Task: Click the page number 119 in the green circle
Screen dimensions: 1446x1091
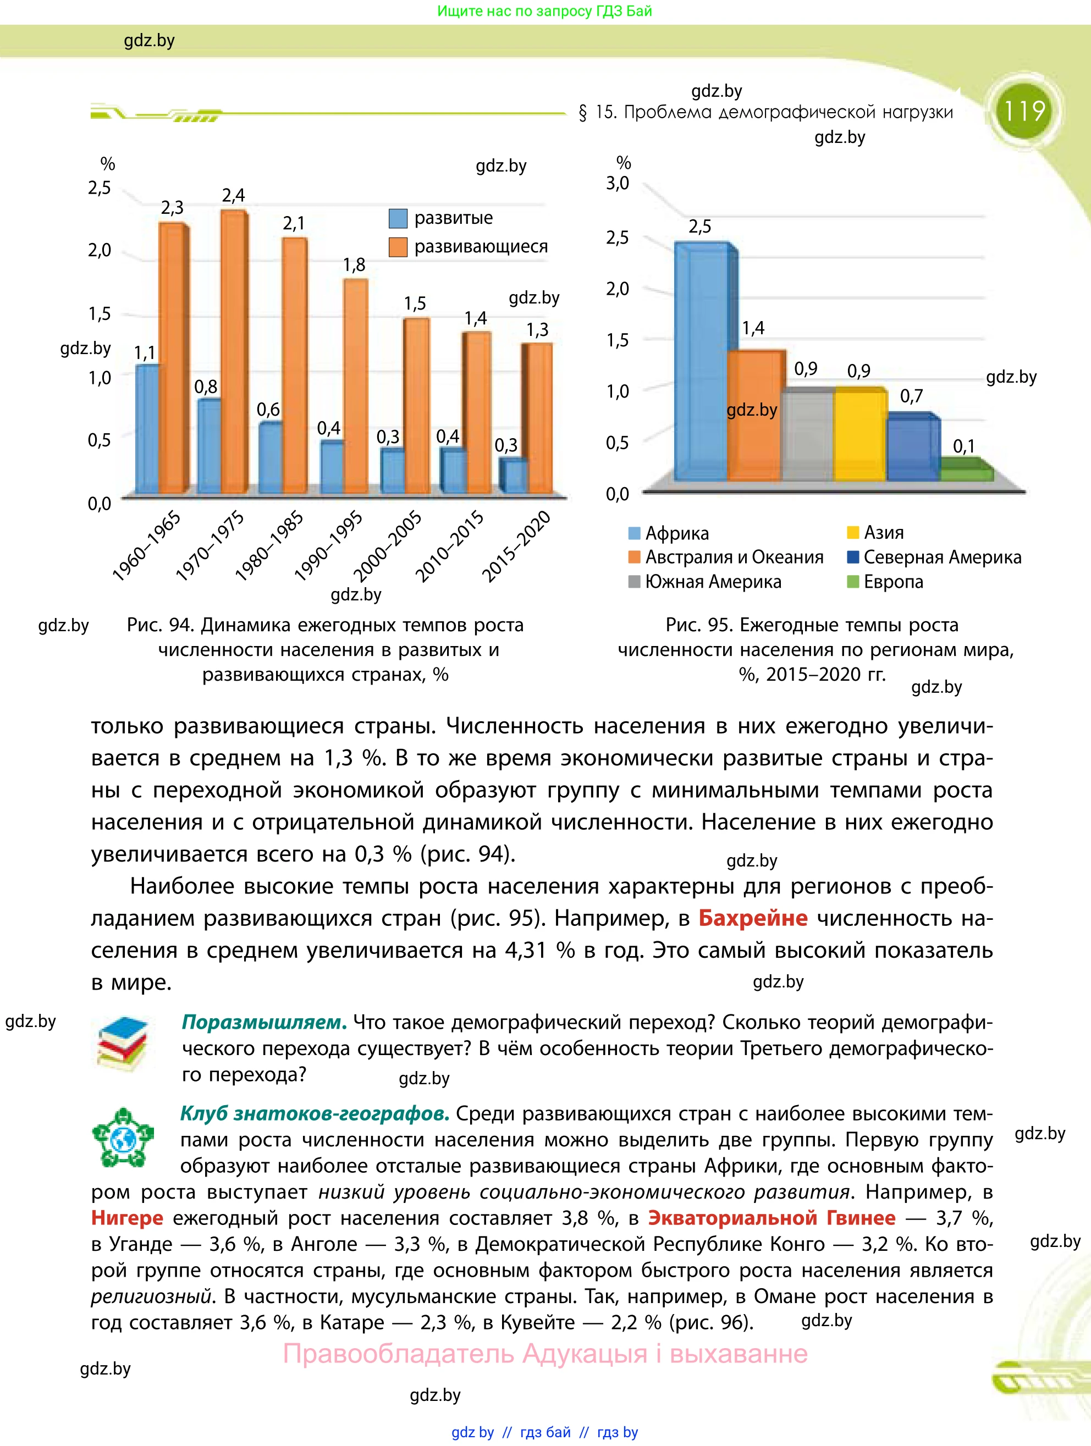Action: point(1024,111)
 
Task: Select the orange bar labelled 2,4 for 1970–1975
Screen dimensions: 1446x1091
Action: point(233,353)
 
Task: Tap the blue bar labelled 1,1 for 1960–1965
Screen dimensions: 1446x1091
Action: point(146,428)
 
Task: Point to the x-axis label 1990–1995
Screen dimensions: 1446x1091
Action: point(329,546)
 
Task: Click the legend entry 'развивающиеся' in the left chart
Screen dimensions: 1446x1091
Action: point(481,246)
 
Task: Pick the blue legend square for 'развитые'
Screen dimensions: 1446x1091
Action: point(398,218)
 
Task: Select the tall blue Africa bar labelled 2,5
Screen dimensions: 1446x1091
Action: point(700,363)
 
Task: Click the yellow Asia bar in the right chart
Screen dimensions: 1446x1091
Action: point(859,435)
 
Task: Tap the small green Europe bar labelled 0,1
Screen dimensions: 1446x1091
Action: point(966,472)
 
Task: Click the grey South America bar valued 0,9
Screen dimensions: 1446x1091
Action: point(807,435)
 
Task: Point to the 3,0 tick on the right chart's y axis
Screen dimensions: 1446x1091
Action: point(617,184)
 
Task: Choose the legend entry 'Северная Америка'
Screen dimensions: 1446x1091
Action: point(941,557)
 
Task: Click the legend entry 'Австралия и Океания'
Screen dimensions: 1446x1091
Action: point(734,557)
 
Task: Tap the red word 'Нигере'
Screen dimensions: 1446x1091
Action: point(128,1218)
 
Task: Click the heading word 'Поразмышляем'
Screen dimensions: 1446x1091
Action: point(263,1022)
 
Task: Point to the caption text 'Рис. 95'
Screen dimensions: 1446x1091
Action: point(698,625)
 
